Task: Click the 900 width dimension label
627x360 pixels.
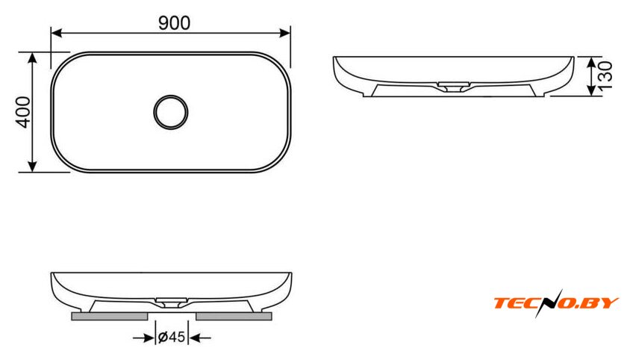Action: pos(175,23)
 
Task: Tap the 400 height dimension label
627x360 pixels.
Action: pos(23,112)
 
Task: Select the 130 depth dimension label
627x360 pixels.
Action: pos(605,75)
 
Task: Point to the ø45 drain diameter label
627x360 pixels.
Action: pos(172,337)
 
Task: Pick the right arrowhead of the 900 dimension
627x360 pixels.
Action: pos(284,33)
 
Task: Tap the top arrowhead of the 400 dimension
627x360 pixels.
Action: pos(32,58)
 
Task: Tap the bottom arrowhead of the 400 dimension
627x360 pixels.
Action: pos(32,166)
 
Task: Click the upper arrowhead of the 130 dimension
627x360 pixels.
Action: pos(592,62)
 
